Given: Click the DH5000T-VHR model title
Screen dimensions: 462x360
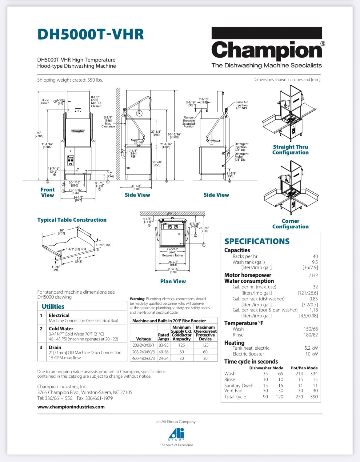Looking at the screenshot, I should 90,34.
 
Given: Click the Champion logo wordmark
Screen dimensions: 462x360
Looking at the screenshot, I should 266,50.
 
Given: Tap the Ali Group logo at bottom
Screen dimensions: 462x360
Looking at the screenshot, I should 177,434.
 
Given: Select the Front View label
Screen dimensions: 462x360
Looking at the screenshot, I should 47,192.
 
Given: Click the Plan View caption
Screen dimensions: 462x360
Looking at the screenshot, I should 173,281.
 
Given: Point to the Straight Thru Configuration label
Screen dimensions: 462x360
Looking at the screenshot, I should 290,150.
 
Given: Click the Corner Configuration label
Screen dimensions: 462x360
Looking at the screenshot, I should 290,224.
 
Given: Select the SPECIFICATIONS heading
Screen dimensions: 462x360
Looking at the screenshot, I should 257,241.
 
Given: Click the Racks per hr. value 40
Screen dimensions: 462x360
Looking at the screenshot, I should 315,256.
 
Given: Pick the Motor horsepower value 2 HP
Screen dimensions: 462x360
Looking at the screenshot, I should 313,275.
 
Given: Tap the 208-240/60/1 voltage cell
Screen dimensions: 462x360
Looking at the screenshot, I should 143,345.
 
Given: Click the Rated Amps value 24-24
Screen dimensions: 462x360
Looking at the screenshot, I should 163,358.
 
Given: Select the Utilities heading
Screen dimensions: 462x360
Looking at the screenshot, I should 53,307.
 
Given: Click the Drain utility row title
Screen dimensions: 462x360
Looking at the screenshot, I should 55,347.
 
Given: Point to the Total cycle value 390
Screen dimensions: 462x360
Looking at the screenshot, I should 314,397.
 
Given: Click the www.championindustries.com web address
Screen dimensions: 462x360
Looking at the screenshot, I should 71,407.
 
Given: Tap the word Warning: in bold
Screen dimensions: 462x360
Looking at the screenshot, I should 138,299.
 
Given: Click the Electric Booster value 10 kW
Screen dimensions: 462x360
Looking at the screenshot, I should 311,354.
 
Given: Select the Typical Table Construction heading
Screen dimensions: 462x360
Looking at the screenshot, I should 72,220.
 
